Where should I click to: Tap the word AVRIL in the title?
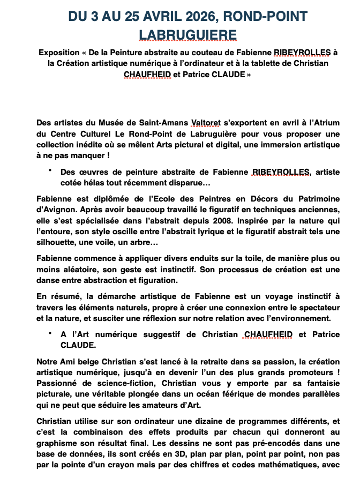tap(138, 17)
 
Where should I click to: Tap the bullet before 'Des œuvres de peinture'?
tap(49, 171)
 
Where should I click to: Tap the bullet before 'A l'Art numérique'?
tap(49, 333)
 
